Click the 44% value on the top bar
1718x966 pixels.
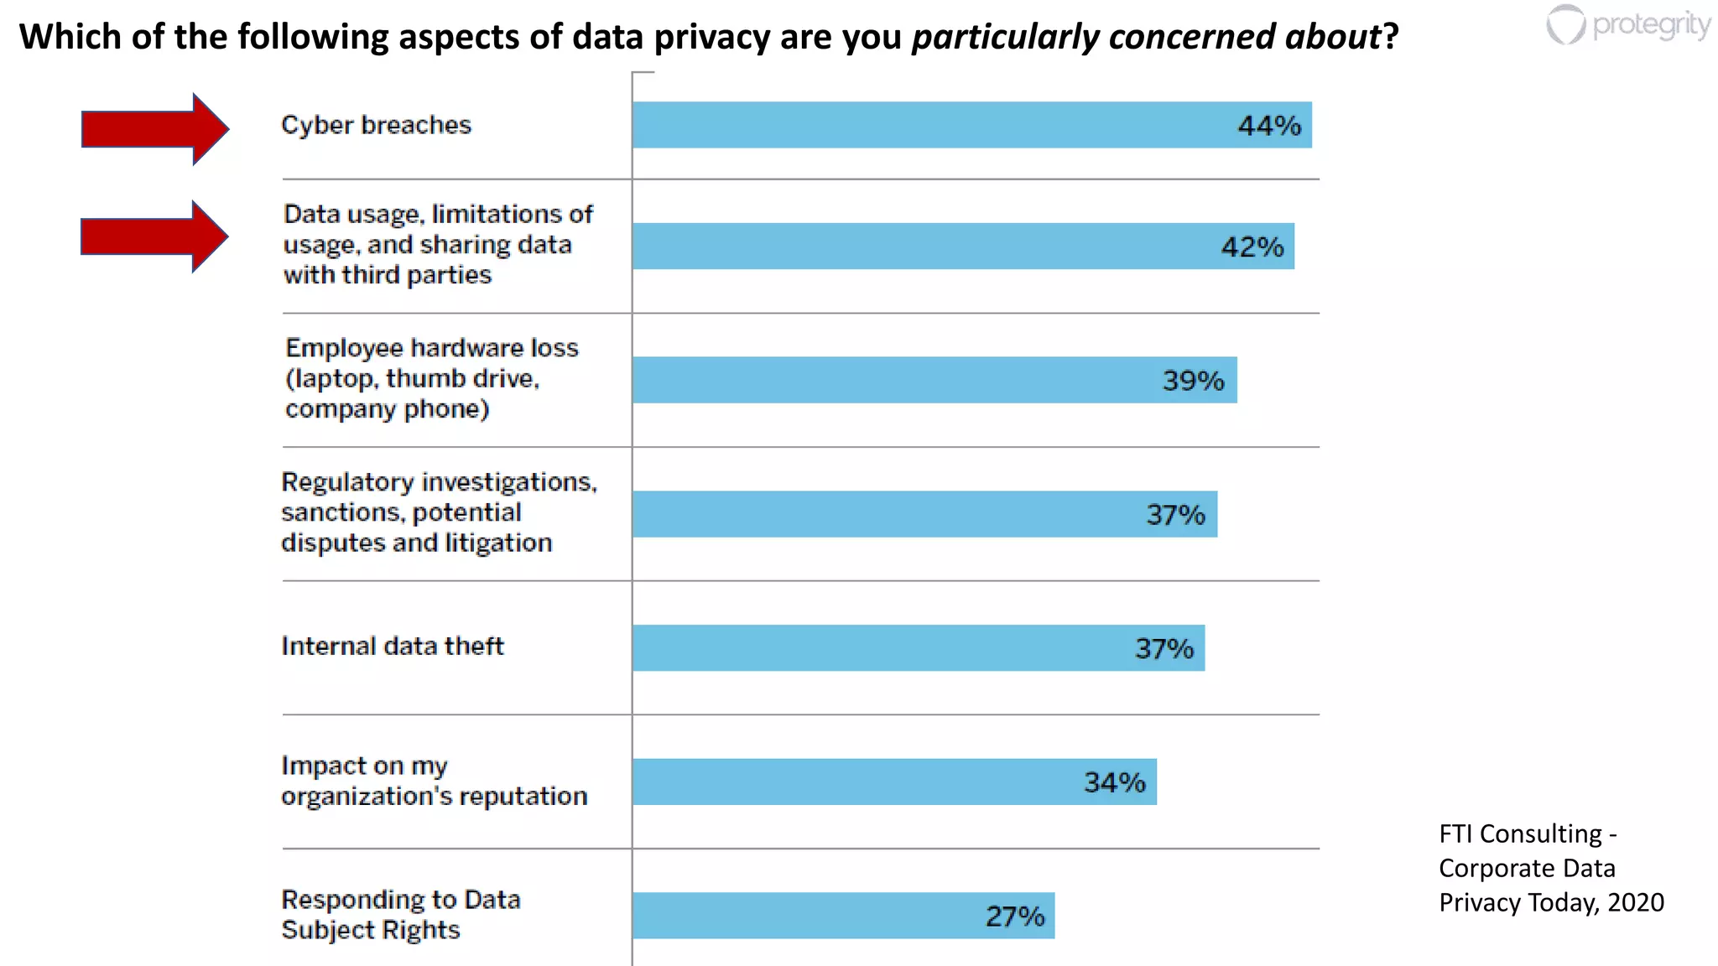point(1268,126)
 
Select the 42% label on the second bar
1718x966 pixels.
point(1252,247)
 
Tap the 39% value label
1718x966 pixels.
point(1193,381)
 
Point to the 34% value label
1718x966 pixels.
point(1114,782)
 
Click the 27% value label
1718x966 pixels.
point(1015,917)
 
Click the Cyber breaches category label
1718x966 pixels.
point(376,125)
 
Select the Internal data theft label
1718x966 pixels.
point(393,647)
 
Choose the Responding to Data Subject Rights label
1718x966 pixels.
point(400,915)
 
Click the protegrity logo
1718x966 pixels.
point(1627,25)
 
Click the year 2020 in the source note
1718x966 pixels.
point(1636,902)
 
